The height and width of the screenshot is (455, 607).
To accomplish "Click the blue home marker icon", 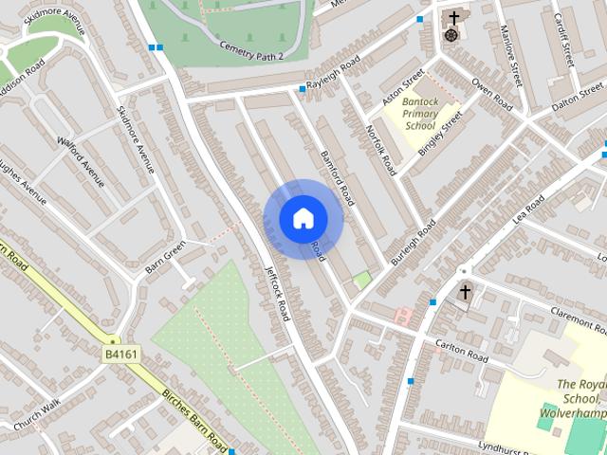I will [x=303, y=218].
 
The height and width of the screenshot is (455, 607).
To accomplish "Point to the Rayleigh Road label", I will [x=332, y=74].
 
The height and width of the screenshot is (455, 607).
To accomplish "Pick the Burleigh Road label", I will [x=414, y=242].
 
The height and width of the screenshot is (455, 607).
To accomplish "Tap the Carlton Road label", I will [x=462, y=352].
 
